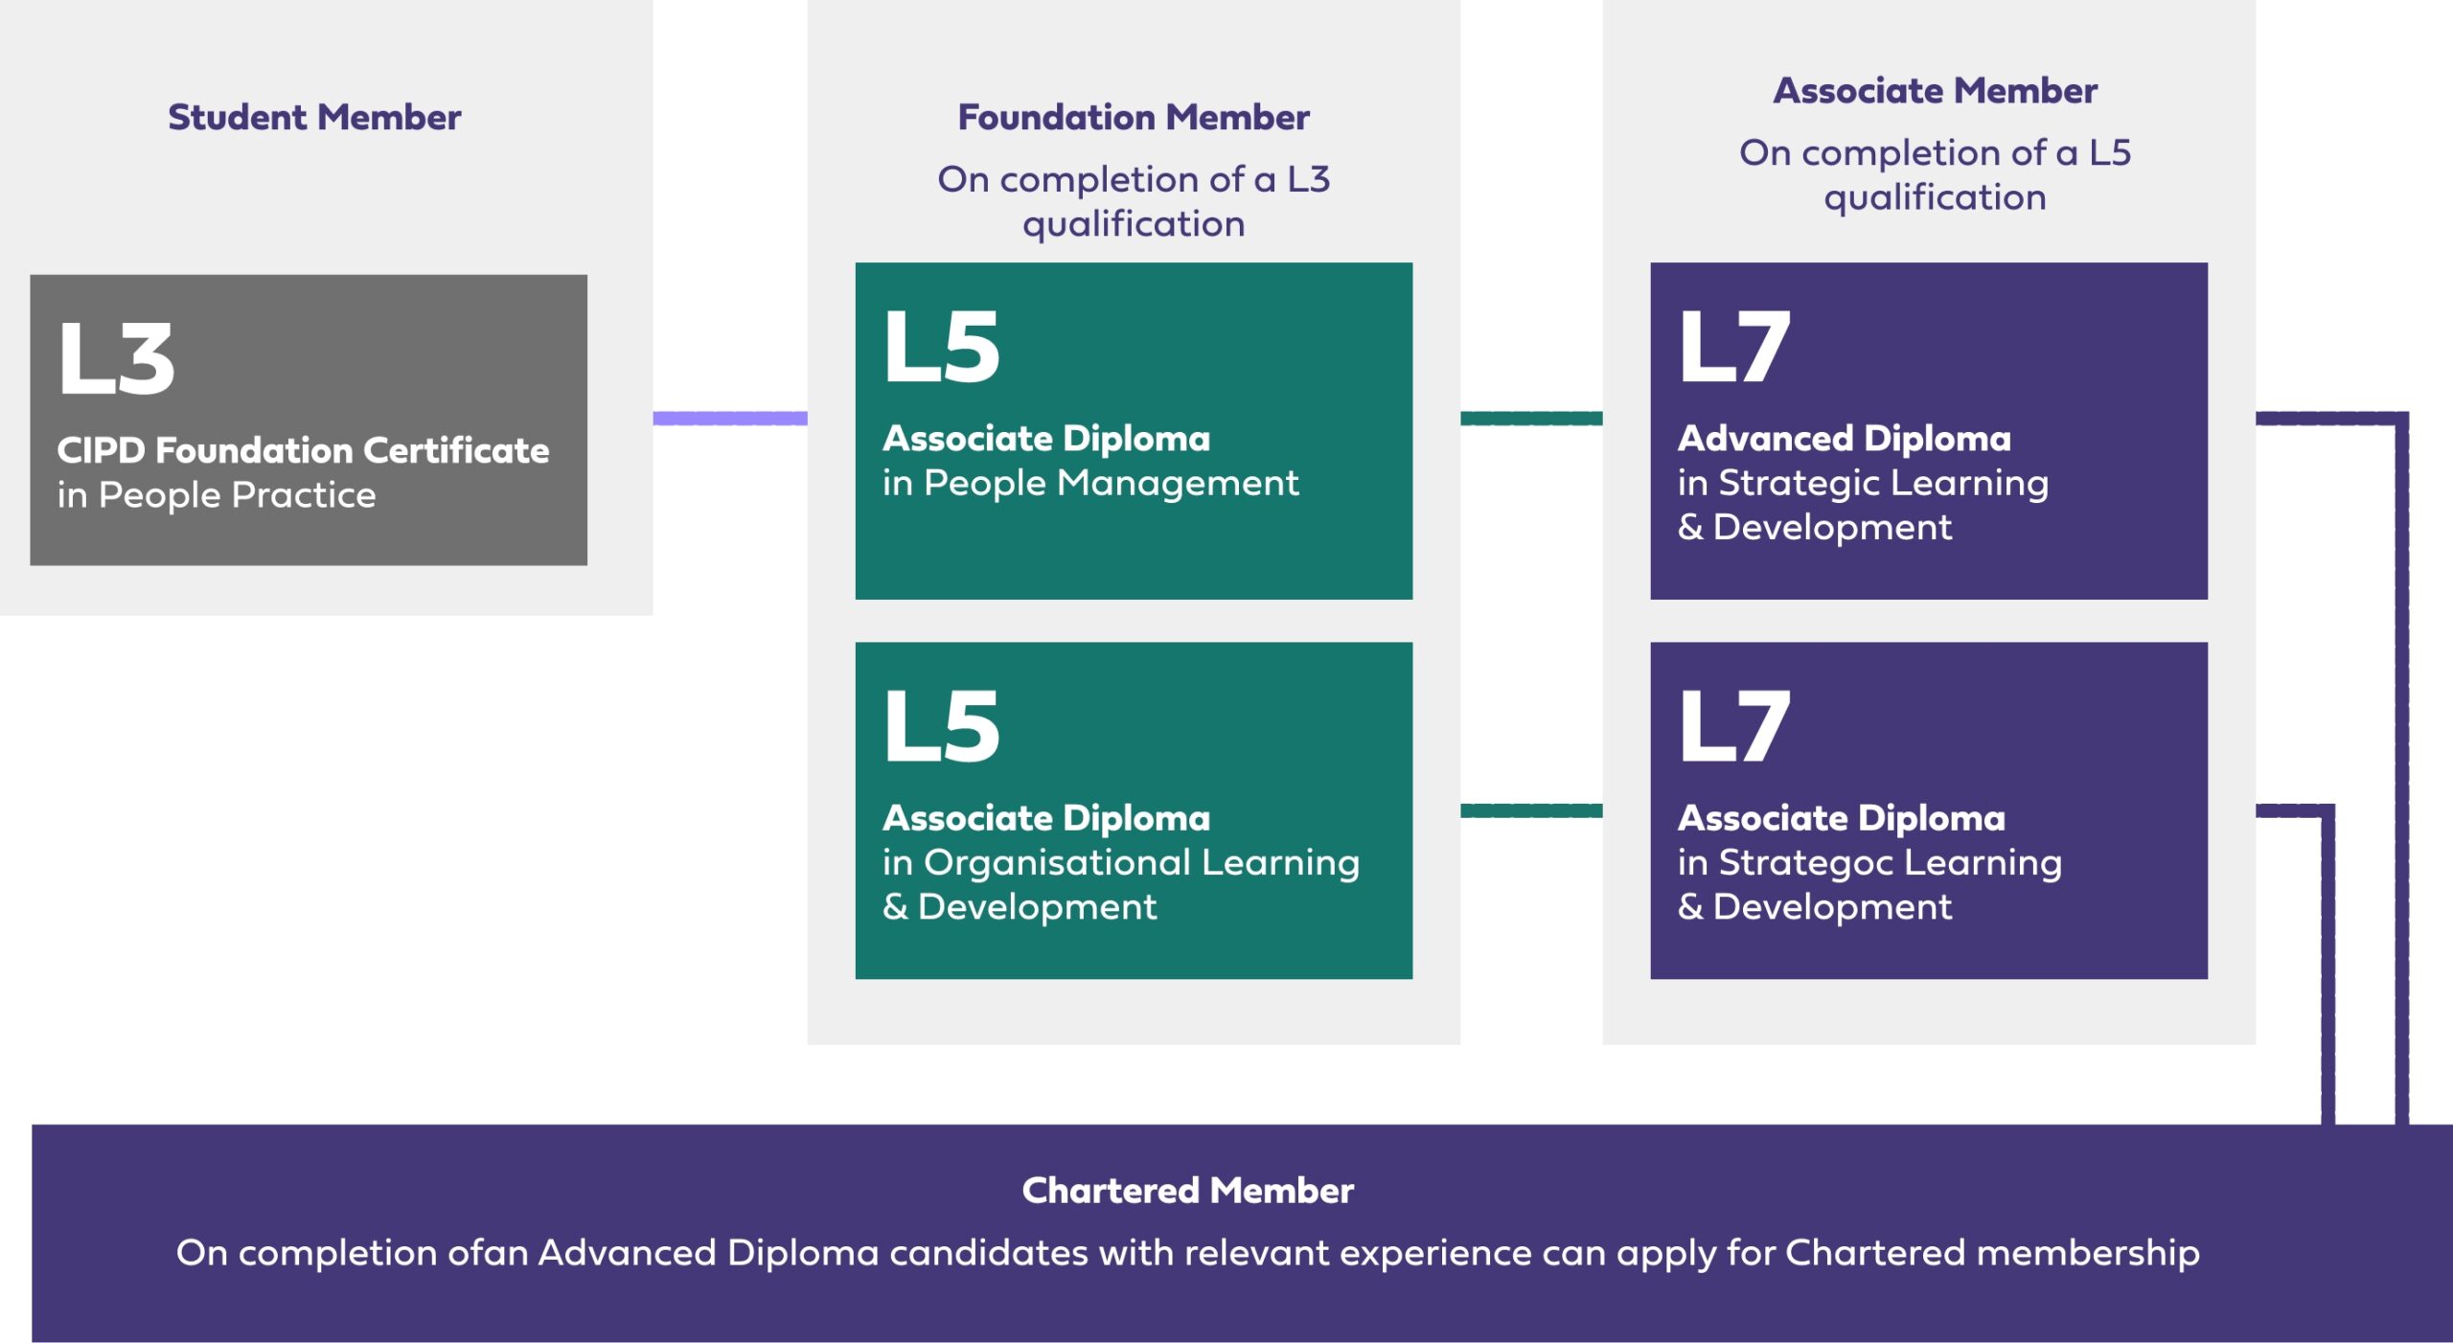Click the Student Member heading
tap(314, 118)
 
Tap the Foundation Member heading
tap(1134, 118)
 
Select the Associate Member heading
tap(1935, 91)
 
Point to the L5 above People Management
tap(942, 347)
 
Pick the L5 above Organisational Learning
tap(942, 726)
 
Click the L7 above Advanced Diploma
tap(1734, 347)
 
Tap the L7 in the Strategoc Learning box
tap(1734, 726)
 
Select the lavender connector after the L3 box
tap(730, 419)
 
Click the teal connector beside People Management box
tap(1531, 419)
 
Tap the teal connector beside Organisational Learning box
tap(1531, 811)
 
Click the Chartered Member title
tap(1187, 1191)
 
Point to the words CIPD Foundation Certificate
tap(303, 450)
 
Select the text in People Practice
tap(217, 495)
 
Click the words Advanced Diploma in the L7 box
tap(1845, 439)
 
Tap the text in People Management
tap(1090, 483)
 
